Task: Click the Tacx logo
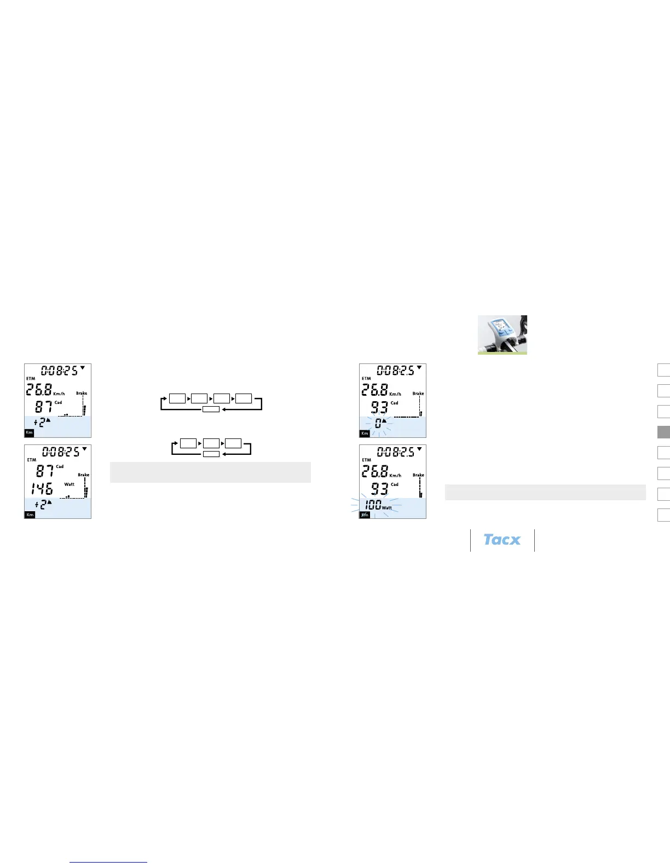pyautogui.click(x=502, y=540)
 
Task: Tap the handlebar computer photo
pyautogui.click(x=502, y=334)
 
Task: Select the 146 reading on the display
pyautogui.click(x=42, y=489)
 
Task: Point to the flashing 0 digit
pyautogui.click(x=378, y=424)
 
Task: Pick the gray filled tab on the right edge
pyautogui.click(x=663, y=432)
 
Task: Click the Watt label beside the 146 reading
pyautogui.click(x=70, y=484)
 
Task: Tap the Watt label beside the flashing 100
pyautogui.click(x=387, y=508)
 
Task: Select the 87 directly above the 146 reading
pyautogui.click(x=45, y=470)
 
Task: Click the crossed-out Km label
pyautogui.click(x=365, y=515)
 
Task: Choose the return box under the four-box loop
pyautogui.click(x=211, y=409)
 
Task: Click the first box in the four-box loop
pyautogui.click(x=177, y=398)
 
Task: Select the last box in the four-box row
pyautogui.click(x=244, y=398)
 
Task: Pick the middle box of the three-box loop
pyautogui.click(x=211, y=443)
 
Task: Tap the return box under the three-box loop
pyautogui.click(x=211, y=454)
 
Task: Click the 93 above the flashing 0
pyautogui.click(x=379, y=407)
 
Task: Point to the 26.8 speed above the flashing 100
pyautogui.click(x=374, y=471)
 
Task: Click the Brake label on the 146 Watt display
pyautogui.click(x=83, y=475)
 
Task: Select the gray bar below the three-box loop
pyautogui.click(x=210, y=472)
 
